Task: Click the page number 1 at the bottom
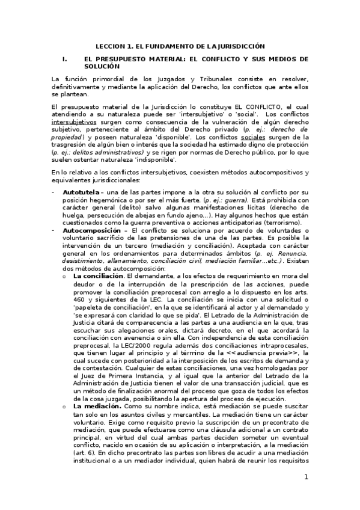tap(306, 477)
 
